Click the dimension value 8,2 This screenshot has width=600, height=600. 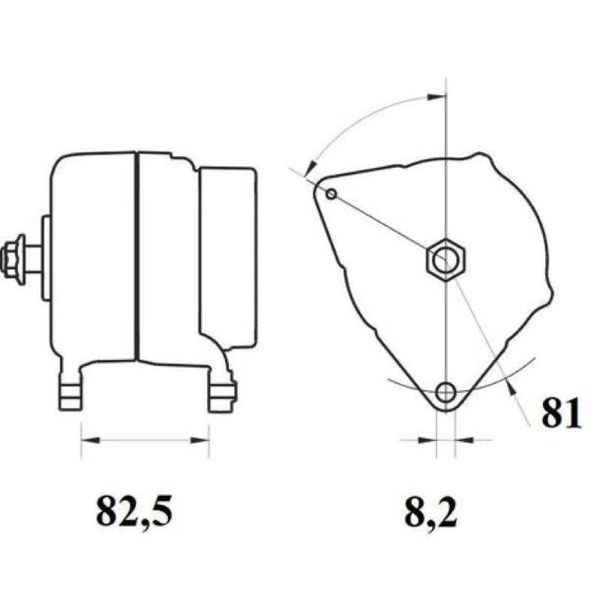431,513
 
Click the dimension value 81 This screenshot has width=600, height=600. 562,412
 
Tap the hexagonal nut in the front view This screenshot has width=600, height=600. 445,259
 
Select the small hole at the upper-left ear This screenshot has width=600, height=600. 331,194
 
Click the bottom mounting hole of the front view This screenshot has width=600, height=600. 445,391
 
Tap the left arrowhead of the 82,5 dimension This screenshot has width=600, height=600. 90,440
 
